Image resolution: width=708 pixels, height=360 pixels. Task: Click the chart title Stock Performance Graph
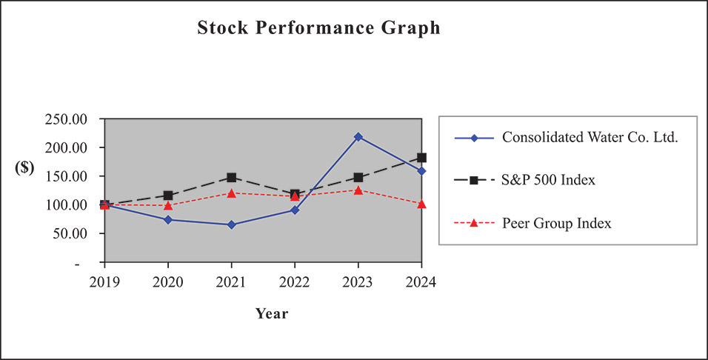[x=318, y=28]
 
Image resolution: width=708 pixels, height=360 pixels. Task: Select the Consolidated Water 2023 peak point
[x=358, y=136]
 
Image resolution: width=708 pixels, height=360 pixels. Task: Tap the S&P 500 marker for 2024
[x=421, y=157]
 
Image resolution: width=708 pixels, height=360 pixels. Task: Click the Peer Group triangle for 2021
[x=232, y=193]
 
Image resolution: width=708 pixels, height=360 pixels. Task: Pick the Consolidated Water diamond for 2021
[x=232, y=224]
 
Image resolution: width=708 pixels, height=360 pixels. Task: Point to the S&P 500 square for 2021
[x=232, y=178]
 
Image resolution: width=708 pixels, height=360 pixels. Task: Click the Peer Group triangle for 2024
[x=421, y=204]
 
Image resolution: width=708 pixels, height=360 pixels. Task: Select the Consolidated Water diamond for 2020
[x=168, y=219]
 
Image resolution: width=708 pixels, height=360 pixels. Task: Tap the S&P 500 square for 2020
[x=168, y=196]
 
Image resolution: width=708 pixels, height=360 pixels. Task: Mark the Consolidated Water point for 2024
[x=421, y=171]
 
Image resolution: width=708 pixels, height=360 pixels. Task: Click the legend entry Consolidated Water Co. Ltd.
[x=590, y=138]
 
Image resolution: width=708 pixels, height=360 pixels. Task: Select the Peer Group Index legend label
[x=556, y=222]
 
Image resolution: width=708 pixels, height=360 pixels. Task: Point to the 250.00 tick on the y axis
[x=67, y=119]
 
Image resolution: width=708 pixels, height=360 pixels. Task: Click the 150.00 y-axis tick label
[x=67, y=176]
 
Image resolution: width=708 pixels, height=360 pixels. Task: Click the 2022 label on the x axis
[x=295, y=282]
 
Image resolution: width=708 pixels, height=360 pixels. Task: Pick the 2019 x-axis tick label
[x=104, y=282]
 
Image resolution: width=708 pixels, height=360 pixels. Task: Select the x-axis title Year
[x=272, y=313]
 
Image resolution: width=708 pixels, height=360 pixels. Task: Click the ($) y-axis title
[x=24, y=167]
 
